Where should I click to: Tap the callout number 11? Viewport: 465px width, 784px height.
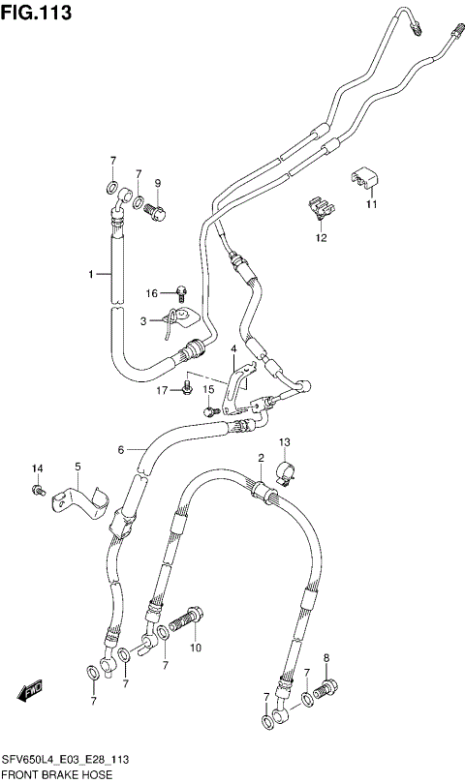[x=371, y=205]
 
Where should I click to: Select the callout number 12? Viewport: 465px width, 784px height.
[x=321, y=237]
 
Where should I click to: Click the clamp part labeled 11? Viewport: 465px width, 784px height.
[x=365, y=178]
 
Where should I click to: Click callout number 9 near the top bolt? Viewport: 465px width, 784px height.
[x=157, y=183]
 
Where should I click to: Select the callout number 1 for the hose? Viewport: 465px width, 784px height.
[x=93, y=275]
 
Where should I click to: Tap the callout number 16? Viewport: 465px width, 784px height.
[x=152, y=293]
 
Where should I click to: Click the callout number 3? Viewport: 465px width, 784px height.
[x=142, y=320]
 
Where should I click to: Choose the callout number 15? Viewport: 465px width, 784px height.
[x=207, y=389]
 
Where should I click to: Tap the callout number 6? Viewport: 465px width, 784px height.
[x=121, y=449]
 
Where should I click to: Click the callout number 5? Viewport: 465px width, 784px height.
[x=78, y=466]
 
